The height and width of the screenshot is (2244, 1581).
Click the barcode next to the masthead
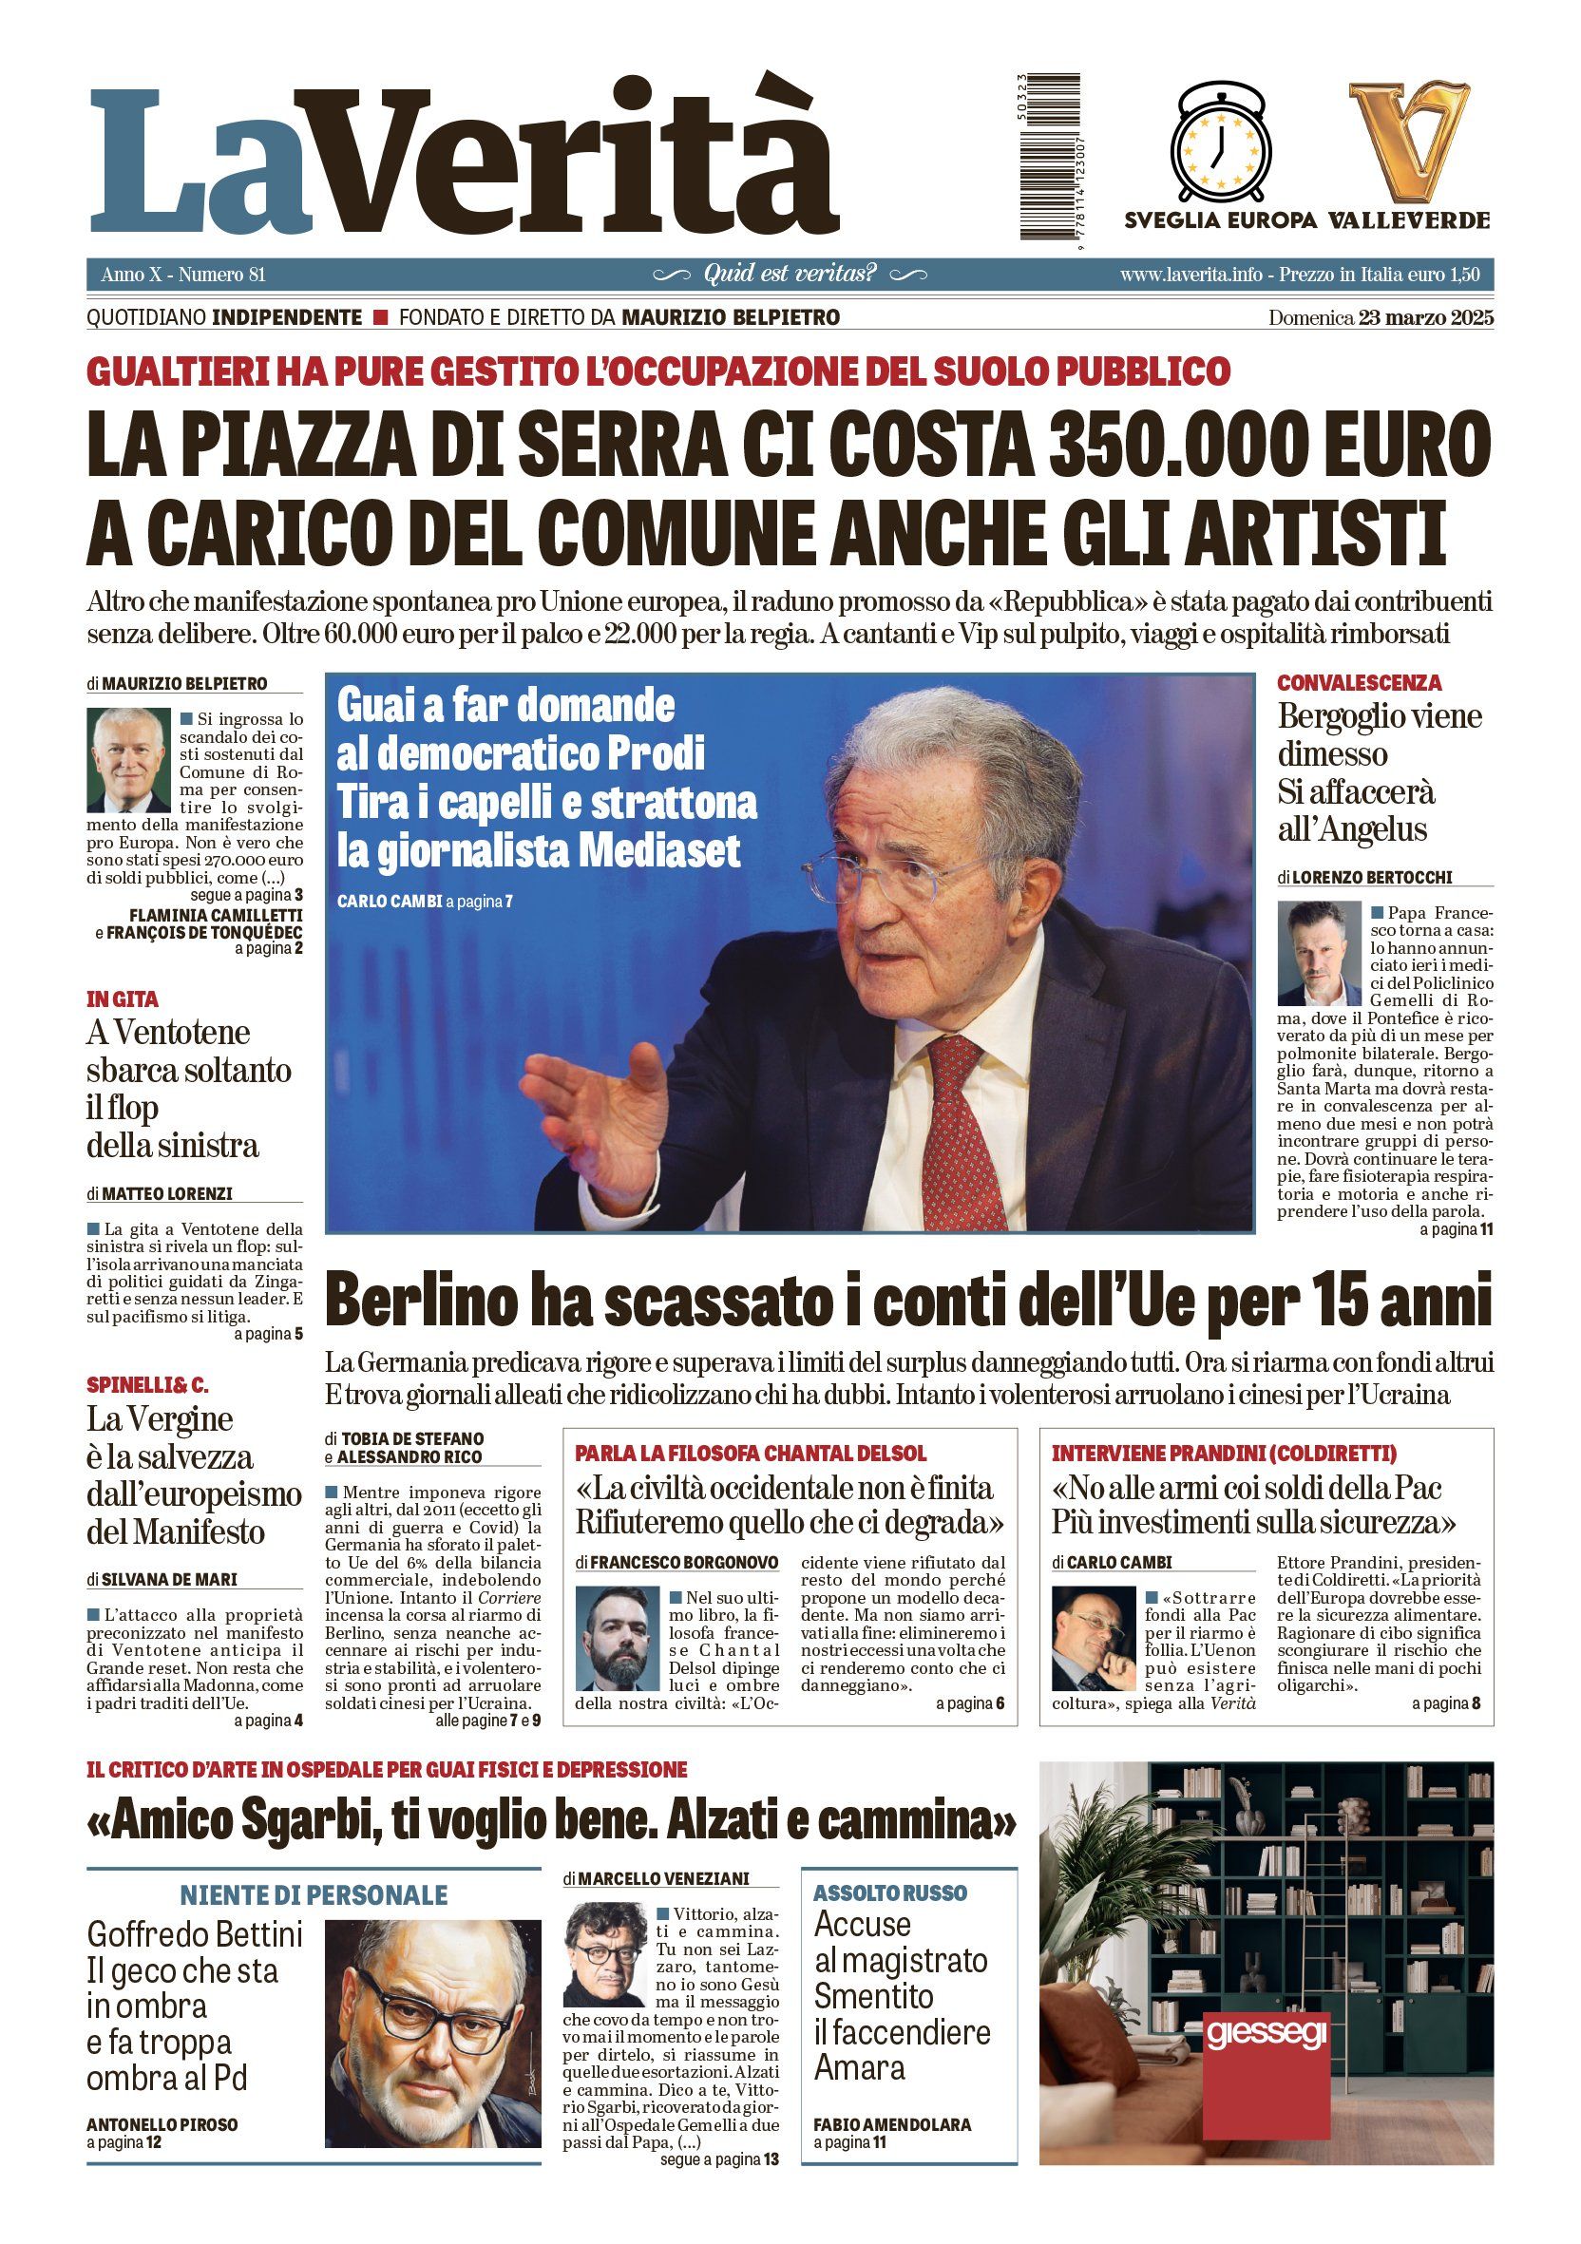pyautogui.click(x=1050, y=156)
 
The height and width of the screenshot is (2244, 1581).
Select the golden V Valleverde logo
pyautogui.click(x=1409, y=141)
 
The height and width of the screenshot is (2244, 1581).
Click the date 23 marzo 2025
pyautogui.click(x=1424, y=317)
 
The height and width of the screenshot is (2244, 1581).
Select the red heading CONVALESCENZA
pyautogui.click(x=1344, y=683)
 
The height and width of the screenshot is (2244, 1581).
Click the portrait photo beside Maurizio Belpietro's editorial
pyautogui.click(x=128, y=760)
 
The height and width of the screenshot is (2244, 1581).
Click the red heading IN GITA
pyautogui.click(x=123, y=998)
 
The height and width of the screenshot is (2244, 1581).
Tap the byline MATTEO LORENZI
pyautogui.click(x=167, y=1194)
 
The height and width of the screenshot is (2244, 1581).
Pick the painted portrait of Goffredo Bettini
pyautogui.click(x=432, y=2020)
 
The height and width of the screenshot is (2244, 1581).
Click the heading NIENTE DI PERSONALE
pyautogui.click(x=313, y=1895)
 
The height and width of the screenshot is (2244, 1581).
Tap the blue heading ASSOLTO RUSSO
pyautogui.click(x=889, y=1893)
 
